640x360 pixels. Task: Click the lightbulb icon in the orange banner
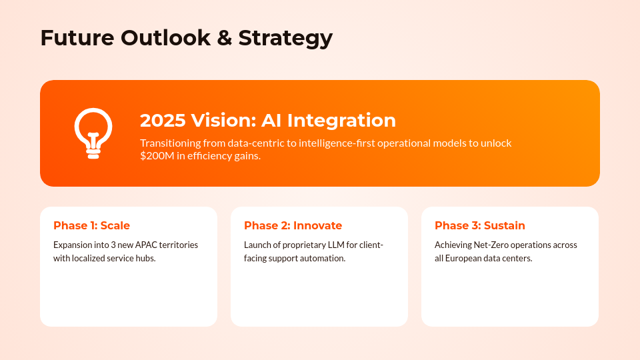(93, 133)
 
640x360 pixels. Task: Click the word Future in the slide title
(77, 37)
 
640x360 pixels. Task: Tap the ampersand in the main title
(224, 37)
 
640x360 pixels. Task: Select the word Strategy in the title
(285, 39)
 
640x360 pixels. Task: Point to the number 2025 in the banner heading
(163, 121)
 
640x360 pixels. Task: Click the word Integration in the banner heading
(341, 121)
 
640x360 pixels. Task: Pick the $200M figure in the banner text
(157, 155)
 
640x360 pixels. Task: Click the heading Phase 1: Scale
(91, 225)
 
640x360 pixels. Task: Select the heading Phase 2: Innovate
(293, 225)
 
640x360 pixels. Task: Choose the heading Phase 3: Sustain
(479, 225)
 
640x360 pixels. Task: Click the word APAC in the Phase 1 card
(146, 245)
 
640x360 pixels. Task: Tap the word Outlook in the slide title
(166, 37)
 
